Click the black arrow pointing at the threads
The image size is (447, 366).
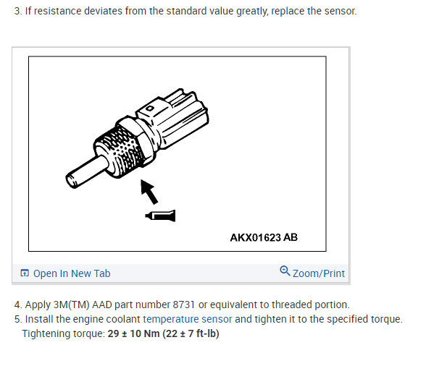click(x=149, y=192)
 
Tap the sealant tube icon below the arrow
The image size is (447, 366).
click(x=160, y=216)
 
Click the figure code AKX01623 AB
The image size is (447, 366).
click(x=264, y=237)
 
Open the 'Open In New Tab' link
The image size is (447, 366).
click(x=72, y=273)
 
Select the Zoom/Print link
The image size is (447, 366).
click(x=319, y=273)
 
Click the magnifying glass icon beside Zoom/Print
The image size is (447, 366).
click(x=285, y=271)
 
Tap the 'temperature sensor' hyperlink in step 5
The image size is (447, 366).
click(x=188, y=319)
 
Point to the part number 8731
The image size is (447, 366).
click(x=184, y=305)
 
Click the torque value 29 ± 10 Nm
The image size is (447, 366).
click(x=133, y=333)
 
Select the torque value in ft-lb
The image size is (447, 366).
click(x=191, y=333)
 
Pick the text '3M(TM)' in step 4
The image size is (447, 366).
click(x=71, y=305)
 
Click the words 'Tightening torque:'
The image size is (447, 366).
click(x=64, y=333)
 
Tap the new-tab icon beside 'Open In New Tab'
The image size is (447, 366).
click(x=25, y=273)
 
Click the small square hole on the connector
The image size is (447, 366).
click(x=150, y=108)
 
